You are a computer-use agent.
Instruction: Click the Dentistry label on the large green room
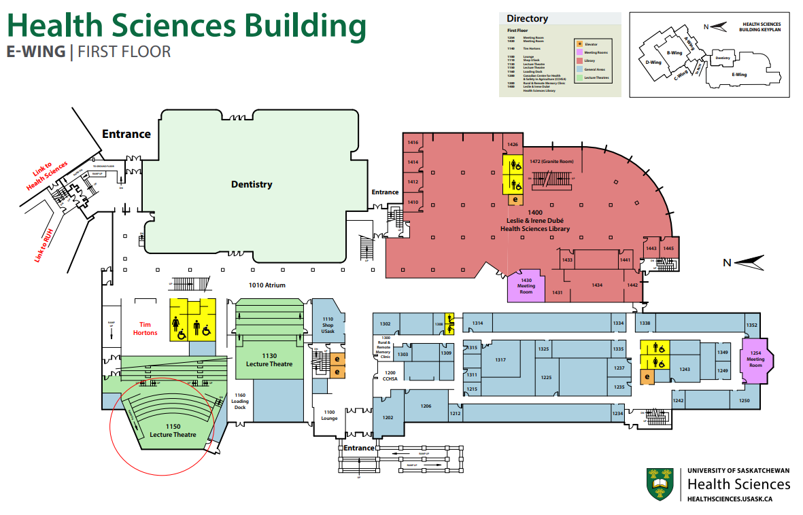(x=251, y=184)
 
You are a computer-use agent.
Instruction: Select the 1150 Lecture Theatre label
(x=173, y=430)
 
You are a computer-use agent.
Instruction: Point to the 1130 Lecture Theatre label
(x=269, y=360)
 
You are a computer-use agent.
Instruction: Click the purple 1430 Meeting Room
(x=526, y=286)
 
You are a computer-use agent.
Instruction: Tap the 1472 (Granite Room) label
(x=551, y=162)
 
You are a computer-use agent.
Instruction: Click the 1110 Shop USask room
(x=328, y=325)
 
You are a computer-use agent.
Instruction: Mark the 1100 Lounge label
(x=329, y=415)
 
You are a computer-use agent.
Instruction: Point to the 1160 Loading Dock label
(x=240, y=401)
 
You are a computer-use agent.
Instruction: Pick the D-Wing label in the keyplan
(x=653, y=62)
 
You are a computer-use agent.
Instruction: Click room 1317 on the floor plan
(x=500, y=359)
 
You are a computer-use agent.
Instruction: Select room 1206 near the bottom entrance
(x=426, y=406)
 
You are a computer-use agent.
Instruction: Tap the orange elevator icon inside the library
(x=515, y=200)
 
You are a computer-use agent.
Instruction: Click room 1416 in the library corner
(x=412, y=143)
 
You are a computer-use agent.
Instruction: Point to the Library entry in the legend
(x=589, y=60)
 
